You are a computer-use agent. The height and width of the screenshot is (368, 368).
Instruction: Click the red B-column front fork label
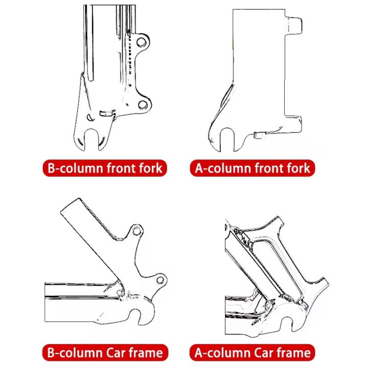105,168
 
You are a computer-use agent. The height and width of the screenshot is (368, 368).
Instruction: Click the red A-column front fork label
252,168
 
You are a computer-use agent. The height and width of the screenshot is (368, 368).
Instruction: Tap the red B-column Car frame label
105,352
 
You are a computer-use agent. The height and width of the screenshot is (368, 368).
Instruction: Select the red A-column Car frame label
252,352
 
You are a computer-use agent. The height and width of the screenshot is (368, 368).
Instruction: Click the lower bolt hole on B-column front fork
143,105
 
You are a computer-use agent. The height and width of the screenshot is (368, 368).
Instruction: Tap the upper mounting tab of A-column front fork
294,26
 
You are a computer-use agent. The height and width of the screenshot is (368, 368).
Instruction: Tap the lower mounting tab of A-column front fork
294,123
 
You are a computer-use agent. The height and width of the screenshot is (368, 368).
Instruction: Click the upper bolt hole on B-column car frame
136,232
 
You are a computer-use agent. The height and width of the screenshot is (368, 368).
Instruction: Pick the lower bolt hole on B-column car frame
160,279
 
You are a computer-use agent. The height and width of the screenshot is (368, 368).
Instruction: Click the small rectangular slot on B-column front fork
106,113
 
